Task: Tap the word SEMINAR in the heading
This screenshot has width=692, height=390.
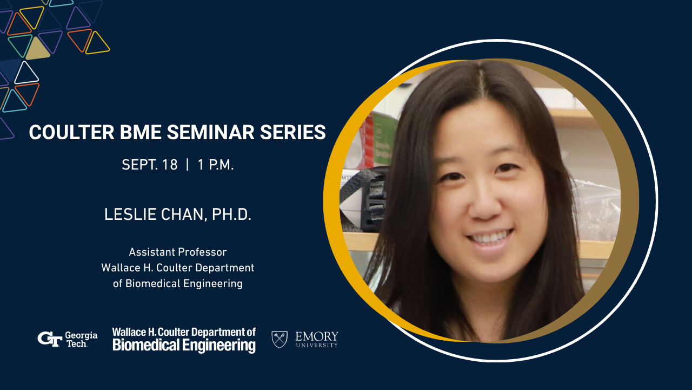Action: pos(211,132)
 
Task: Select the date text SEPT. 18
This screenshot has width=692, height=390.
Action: pos(150,165)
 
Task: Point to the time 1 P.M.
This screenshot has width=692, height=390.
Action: pos(216,165)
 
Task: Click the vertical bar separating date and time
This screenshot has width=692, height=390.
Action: pos(188,165)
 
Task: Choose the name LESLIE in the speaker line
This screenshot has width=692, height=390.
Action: pos(130,214)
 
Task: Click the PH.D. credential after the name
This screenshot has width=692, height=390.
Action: pos(232,214)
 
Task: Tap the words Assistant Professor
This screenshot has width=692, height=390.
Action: pos(178,252)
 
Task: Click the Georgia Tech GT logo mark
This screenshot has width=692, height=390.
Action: pos(50,339)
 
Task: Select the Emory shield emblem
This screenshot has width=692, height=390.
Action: pos(280,339)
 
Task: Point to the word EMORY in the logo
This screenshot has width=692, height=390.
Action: pos(317,336)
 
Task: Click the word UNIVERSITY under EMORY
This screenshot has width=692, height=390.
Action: pos(317,345)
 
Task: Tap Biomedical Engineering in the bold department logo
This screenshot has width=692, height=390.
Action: pos(184,346)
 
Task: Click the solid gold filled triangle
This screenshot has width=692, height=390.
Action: pos(37,49)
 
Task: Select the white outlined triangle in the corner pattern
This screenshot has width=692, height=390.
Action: pos(26,73)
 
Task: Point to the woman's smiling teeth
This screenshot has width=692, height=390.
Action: pos(490,237)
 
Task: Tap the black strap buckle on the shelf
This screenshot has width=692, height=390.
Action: pos(375,199)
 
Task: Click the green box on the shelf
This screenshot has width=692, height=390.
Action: pos(384,139)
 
